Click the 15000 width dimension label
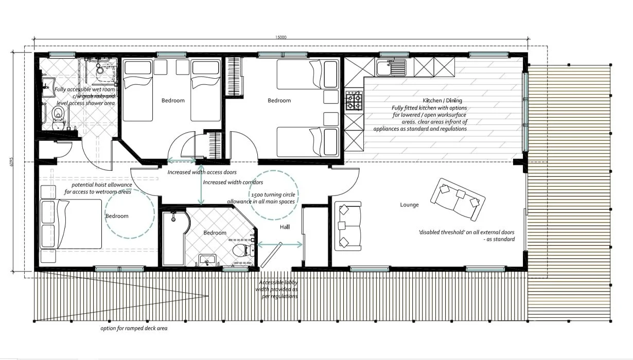click(x=280, y=37)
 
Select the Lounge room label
click(x=409, y=205)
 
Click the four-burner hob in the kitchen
click(x=354, y=101)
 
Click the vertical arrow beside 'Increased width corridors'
click(x=202, y=185)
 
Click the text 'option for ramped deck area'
click(x=134, y=328)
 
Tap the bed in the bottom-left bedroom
click(x=71, y=224)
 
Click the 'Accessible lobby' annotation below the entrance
click(x=278, y=283)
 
